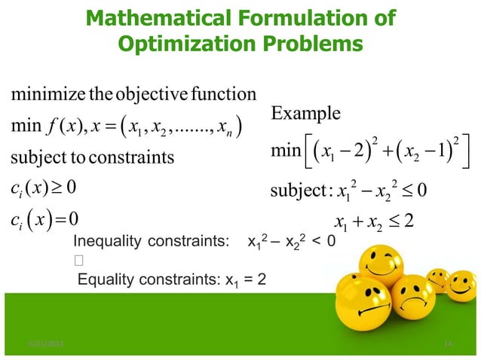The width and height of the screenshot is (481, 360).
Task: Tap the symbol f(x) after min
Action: click(x=67, y=126)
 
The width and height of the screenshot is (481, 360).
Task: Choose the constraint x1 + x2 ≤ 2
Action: click(x=372, y=222)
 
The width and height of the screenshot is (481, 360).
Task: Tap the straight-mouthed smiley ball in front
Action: click(x=347, y=310)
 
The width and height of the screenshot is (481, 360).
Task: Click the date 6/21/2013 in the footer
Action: click(x=43, y=344)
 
